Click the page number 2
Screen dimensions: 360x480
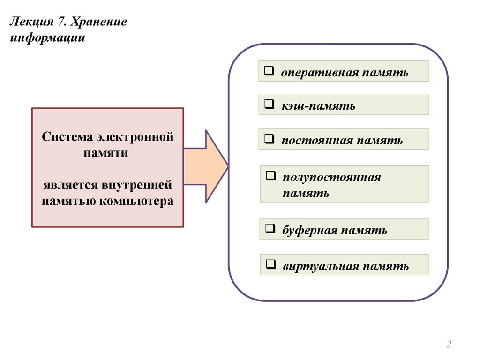449,345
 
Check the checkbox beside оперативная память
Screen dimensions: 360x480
269,72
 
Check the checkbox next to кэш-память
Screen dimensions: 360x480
269,105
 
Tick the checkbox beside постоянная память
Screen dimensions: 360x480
269,139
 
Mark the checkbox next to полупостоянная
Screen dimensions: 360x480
270,177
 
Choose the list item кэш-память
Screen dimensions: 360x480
318,106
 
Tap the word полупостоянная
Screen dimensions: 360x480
332,177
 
